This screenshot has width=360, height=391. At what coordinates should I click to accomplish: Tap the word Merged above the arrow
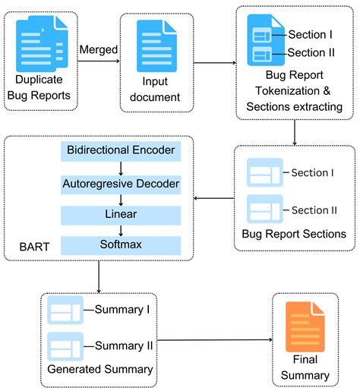(x=98, y=49)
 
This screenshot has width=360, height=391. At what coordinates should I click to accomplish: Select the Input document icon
(x=156, y=46)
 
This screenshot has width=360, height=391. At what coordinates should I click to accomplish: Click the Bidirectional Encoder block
(x=120, y=151)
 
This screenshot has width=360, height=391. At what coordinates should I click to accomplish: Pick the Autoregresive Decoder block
(x=120, y=183)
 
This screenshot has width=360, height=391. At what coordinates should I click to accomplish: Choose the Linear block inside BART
(x=120, y=215)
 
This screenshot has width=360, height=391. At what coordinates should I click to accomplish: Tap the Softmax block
(x=120, y=245)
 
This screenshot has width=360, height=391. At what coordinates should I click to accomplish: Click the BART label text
(x=32, y=248)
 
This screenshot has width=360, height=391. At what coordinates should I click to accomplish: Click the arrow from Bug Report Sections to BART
(x=214, y=199)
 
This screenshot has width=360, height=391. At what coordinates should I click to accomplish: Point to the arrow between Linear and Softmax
(x=120, y=231)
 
